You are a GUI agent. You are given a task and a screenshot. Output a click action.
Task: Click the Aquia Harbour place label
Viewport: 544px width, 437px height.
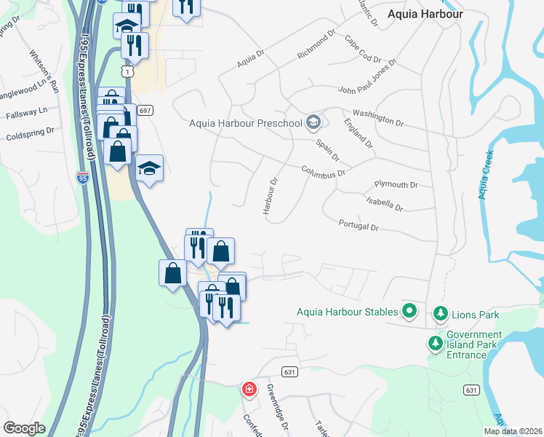coord(425,13)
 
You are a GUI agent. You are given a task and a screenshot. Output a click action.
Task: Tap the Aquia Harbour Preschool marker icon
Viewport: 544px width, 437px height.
coord(313,122)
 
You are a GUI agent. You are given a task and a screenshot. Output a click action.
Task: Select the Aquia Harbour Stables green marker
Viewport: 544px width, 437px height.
coord(409,312)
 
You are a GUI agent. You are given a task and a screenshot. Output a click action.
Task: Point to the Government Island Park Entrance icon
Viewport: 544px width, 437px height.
coord(436,342)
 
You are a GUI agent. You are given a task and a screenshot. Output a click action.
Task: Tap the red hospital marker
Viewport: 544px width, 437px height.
coord(249,390)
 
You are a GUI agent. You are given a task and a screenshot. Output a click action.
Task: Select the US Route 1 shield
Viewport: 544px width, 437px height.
coord(128,71)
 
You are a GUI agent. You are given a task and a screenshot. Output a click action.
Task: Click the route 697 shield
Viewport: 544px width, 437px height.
coord(145,110)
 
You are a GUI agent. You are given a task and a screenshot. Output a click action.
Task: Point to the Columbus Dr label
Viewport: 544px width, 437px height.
coord(323,172)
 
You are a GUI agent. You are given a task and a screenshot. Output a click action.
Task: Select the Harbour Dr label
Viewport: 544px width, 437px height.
coord(271,197)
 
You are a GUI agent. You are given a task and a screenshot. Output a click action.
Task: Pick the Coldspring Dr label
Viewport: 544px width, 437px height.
coord(30,134)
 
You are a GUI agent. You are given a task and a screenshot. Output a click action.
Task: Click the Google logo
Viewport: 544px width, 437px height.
coord(25,428)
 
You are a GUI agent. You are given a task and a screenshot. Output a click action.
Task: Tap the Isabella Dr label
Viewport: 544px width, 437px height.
coord(384,203)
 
